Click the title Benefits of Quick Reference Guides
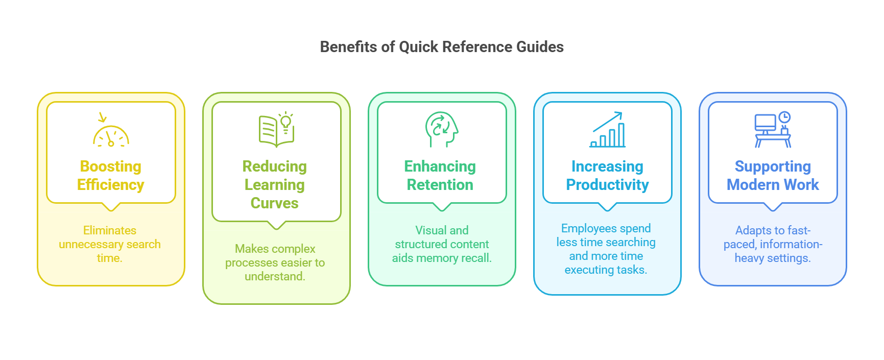[442, 47]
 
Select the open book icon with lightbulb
[276, 130]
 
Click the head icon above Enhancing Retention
[442, 130]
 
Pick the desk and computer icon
[773, 130]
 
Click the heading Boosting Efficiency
[111, 176]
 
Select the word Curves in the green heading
[275, 203]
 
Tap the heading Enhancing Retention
[440, 176]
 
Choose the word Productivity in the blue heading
[607, 185]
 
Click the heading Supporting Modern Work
[773, 176]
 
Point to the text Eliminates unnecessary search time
[110, 244]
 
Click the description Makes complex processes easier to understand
[275, 262]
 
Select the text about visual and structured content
[442, 244]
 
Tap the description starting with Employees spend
[606, 249]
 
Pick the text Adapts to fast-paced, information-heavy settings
[773, 244]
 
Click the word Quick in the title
[418, 47]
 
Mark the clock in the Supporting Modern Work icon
[784, 117]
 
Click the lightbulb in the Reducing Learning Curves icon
[286, 122]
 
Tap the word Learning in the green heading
[275, 185]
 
